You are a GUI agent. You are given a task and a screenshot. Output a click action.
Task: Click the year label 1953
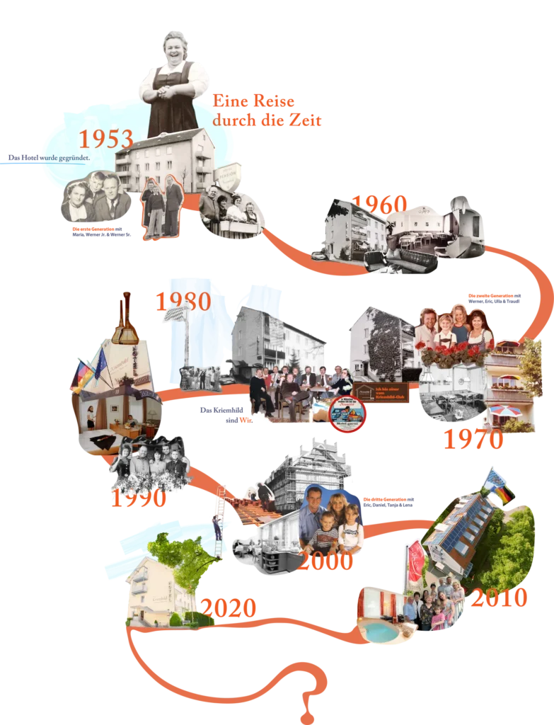click(105, 139)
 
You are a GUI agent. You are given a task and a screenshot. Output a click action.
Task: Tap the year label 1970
click(473, 439)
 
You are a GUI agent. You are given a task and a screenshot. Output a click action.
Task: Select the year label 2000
click(325, 561)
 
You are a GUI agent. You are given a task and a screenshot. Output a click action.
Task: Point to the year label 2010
click(500, 598)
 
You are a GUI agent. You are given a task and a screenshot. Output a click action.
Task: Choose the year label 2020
click(228, 607)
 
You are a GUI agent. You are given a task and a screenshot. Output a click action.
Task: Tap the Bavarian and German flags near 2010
click(498, 488)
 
